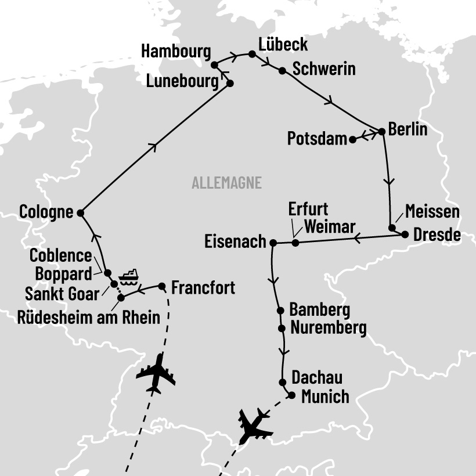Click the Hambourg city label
click(176, 51)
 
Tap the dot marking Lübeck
click(252, 54)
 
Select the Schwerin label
click(324, 69)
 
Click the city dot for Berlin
click(382, 132)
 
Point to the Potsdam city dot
click(352, 139)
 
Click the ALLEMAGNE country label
click(226, 183)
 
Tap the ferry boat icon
click(128, 276)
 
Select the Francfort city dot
click(162, 286)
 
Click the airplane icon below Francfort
click(156, 373)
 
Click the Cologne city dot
click(81, 213)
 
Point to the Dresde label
click(437, 235)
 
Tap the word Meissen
click(432, 211)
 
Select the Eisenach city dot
click(273, 242)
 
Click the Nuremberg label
click(329, 328)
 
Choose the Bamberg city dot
click(281, 310)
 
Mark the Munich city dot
click(291, 395)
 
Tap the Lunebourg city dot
click(229, 83)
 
